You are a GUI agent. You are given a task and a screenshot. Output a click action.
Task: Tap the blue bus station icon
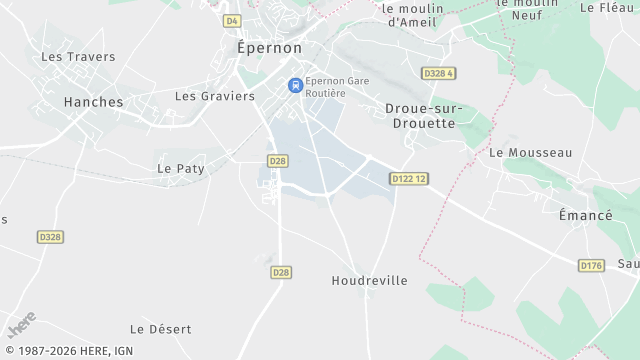(x=295, y=86)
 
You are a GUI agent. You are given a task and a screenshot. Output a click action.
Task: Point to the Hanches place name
(x=93, y=102)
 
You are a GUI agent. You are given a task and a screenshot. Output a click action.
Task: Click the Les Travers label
(x=78, y=57)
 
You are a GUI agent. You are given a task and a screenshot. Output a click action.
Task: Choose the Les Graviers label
(x=215, y=96)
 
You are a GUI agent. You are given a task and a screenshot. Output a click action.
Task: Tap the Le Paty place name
(x=181, y=169)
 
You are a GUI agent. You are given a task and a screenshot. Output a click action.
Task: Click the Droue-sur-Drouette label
(x=420, y=115)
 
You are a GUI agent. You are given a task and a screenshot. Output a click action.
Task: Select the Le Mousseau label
(x=530, y=152)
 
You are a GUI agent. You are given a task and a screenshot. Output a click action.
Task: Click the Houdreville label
(x=369, y=281)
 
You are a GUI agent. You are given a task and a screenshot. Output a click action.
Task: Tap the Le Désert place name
(x=160, y=329)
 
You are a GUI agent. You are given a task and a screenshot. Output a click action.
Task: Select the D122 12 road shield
(x=409, y=178)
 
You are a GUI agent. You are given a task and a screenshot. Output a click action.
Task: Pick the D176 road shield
(x=591, y=265)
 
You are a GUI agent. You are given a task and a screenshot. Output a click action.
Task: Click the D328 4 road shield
(x=438, y=73)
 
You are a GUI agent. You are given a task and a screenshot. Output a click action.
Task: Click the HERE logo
(x=21, y=325)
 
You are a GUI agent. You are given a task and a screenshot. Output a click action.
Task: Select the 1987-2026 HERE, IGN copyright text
(x=67, y=351)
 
